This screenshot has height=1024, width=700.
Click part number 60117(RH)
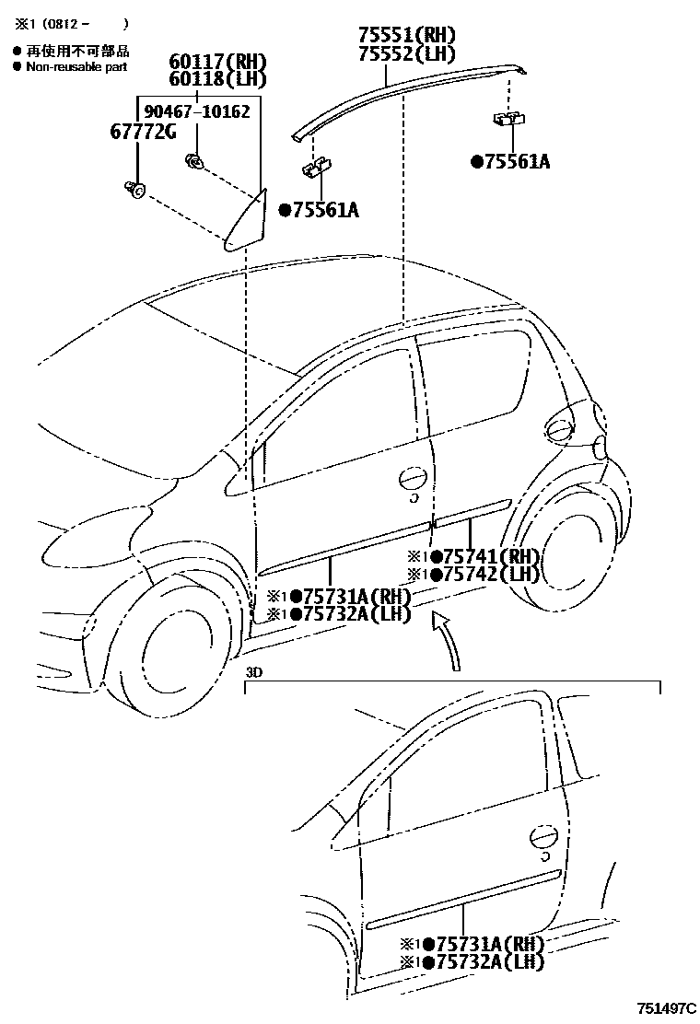217,63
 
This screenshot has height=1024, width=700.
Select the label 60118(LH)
217,80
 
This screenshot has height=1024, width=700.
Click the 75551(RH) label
407,36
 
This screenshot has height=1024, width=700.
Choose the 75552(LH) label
407,53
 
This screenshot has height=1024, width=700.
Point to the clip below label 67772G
135,189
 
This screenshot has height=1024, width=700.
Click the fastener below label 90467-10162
194,163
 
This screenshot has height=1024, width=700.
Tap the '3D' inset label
255,672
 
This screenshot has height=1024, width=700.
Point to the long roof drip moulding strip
405,89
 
